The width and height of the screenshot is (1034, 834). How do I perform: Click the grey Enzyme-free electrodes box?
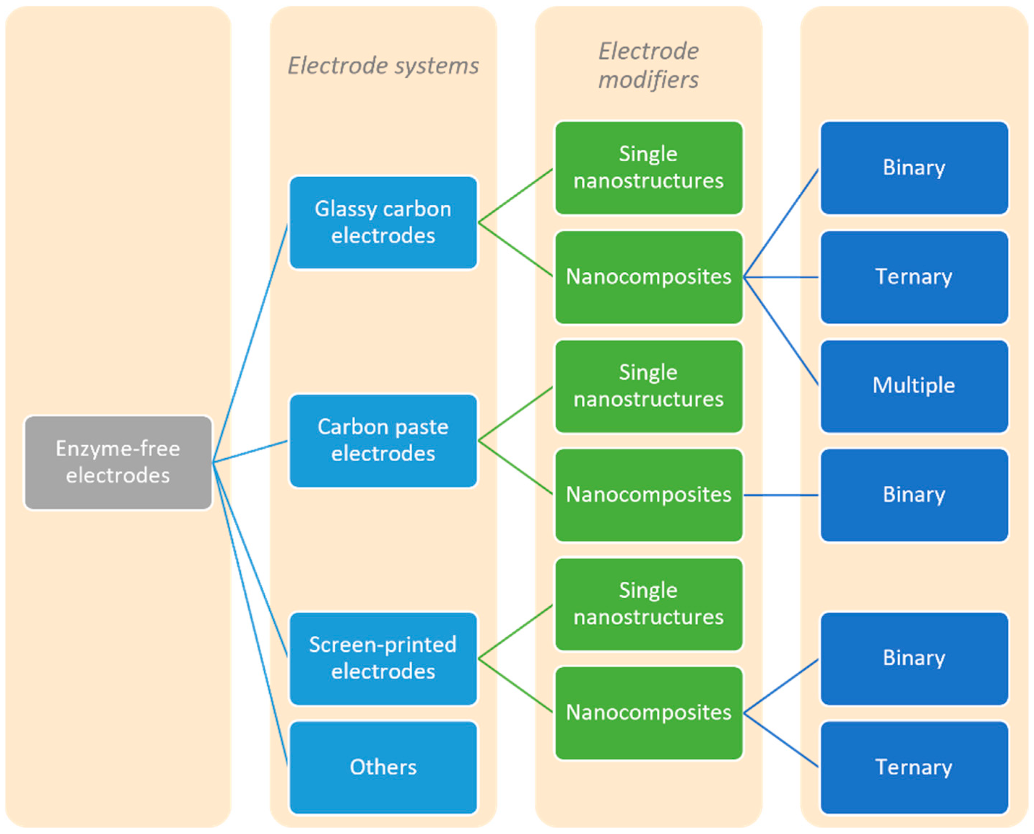coord(118,462)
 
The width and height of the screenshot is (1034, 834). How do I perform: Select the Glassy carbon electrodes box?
coord(383,222)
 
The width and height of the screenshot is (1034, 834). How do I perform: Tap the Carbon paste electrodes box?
coord(383,440)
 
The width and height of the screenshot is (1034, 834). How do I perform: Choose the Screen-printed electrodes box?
coord(383,658)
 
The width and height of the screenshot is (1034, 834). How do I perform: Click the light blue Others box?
coord(383,767)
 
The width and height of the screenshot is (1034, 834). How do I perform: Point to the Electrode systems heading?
coord(383,66)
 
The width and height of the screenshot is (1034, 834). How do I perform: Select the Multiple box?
coord(914,386)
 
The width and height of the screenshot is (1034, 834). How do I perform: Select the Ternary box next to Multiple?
coord(914,277)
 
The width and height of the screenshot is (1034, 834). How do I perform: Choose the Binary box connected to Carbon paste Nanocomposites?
coord(914,495)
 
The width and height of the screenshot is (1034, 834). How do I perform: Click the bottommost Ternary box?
coord(914,767)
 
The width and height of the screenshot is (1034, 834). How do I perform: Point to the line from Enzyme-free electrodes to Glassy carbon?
coord(250,344)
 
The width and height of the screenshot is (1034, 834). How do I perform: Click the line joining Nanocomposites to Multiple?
coord(781,332)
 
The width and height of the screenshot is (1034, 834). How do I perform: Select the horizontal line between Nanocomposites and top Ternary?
coord(781,277)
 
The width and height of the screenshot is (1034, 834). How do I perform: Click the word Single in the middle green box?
coord(648,373)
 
